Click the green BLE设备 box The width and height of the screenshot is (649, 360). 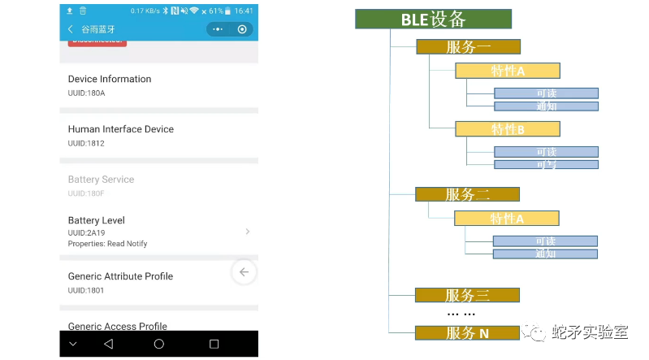click(433, 20)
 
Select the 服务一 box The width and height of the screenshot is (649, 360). click(468, 46)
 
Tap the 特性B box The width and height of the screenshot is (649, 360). click(507, 128)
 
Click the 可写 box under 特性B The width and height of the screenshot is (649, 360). click(546, 164)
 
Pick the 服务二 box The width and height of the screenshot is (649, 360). click(467, 194)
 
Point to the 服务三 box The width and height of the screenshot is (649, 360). click(467, 295)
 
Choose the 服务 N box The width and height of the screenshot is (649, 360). click(467, 332)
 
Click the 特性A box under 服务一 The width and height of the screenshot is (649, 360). click(507, 70)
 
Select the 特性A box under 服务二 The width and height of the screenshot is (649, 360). click(506, 218)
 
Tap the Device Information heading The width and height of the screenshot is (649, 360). click(110, 79)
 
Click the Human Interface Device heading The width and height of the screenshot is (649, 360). click(120, 129)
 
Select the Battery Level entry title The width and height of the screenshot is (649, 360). click(96, 220)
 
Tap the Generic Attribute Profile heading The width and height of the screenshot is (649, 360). click(120, 276)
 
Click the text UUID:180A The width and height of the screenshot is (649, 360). click(86, 93)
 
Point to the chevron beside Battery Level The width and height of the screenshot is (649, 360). click(247, 232)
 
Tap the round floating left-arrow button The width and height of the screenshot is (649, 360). click(244, 272)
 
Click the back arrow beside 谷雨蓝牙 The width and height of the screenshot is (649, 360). click(70, 29)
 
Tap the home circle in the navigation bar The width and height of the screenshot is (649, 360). click(159, 344)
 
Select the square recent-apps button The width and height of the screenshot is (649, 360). click(214, 344)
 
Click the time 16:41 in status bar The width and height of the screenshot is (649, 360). click(243, 11)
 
